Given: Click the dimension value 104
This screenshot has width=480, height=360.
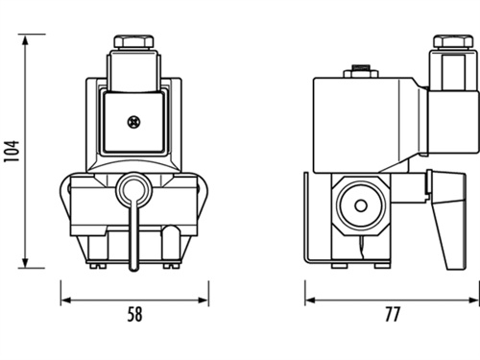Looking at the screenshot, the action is point(12,151).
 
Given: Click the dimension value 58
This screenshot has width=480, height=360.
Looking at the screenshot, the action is point(134,314).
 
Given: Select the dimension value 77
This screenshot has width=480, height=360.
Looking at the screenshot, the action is point(393,314).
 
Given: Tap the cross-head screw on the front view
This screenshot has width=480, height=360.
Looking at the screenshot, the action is point(133,122).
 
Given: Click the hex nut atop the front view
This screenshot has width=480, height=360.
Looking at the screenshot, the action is point(133,41).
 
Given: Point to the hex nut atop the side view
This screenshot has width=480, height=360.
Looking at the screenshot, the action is point(453,41).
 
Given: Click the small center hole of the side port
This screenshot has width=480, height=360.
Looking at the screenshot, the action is point(361,205).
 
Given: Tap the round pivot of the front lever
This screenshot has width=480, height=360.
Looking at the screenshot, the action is point(133,189).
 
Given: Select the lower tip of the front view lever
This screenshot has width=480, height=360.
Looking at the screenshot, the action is point(133,271).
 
